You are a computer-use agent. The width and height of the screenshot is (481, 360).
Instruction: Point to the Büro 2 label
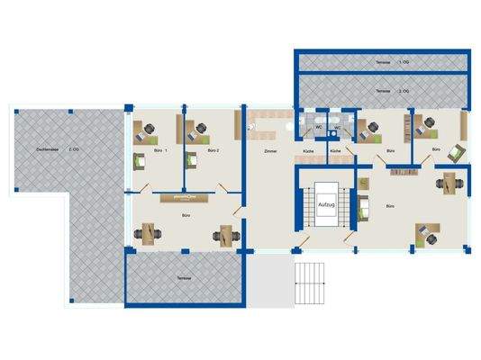(x=213, y=151)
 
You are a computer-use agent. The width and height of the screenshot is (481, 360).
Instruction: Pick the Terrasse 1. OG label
(x=382, y=60)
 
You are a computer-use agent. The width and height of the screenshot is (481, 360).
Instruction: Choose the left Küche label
(x=308, y=151)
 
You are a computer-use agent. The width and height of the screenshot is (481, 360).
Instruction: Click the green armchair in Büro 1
(x=141, y=161)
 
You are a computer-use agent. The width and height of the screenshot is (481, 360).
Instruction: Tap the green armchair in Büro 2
(x=192, y=161)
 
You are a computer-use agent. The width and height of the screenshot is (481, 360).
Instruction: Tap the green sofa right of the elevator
(x=365, y=211)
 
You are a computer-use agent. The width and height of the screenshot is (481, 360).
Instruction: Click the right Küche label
(x=334, y=151)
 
